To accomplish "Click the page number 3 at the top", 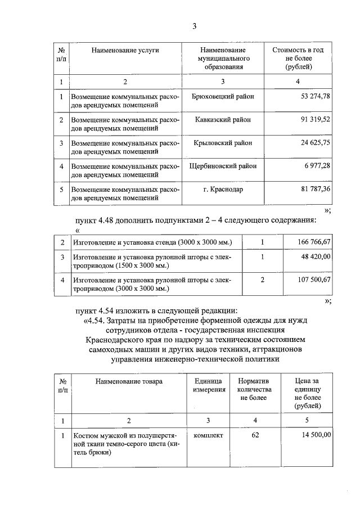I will (x=194, y=26).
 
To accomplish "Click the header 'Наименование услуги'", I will (x=125, y=51).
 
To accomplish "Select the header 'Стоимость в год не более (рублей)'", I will (x=298, y=58).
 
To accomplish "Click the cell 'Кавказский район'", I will (x=223, y=120).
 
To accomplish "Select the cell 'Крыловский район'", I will (x=223, y=143).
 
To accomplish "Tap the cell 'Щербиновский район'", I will (x=223, y=166).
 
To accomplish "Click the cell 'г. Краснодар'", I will (x=223, y=190).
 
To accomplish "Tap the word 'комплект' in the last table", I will (x=208, y=435).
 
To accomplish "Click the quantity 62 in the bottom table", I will (x=255, y=435).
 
